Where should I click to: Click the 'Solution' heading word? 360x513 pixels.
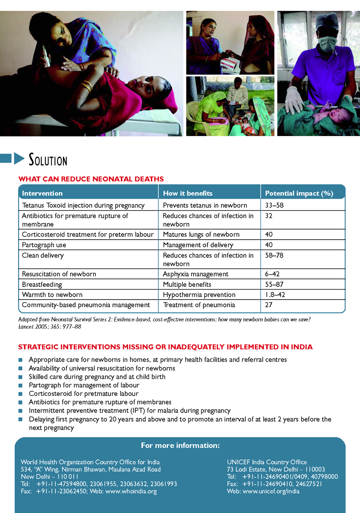[48, 160]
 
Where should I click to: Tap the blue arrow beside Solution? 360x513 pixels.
[19, 159]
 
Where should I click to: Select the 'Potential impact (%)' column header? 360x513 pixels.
[299, 193]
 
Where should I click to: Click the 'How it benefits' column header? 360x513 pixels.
[188, 193]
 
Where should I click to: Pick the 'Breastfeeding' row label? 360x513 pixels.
[42, 285]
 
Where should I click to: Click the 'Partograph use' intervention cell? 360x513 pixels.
[44, 245]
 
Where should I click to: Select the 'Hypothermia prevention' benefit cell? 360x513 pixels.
[199, 295]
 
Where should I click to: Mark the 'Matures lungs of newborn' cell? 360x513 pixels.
[201, 235]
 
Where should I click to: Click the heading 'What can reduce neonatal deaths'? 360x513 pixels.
[91, 179]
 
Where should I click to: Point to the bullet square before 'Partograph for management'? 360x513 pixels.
[20, 386]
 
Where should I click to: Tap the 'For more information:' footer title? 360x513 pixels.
[180, 445]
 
